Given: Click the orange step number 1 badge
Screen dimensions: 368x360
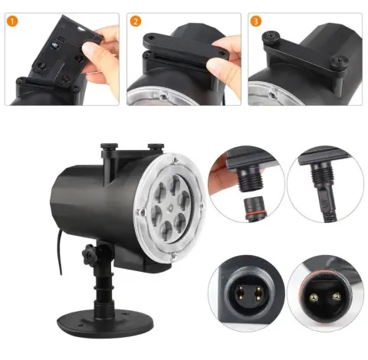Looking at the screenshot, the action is [x=12, y=21].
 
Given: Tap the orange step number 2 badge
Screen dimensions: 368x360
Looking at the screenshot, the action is [x=135, y=21].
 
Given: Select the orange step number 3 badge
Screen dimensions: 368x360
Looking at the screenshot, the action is [x=256, y=21].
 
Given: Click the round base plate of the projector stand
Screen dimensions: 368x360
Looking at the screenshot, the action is [x=105, y=324].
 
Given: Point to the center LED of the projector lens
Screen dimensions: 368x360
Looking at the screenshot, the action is [x=169, y=208].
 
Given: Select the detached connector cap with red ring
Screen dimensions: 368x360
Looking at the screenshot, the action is [x=255, y=208].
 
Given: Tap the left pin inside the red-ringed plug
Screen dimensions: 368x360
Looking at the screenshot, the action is [x=314, y=298].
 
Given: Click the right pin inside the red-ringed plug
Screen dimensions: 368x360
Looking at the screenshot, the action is [x=337, y=296].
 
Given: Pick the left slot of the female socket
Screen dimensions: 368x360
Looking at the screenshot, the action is [x=240, y=293].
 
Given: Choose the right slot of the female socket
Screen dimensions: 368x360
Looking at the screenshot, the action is [x=258, y=293].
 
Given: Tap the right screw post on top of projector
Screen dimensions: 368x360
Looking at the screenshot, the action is [x=156, y=147].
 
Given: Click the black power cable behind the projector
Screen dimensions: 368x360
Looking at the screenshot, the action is [x=59, y=253].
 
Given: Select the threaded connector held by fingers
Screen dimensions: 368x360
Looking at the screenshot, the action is [x=249, y=179].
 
